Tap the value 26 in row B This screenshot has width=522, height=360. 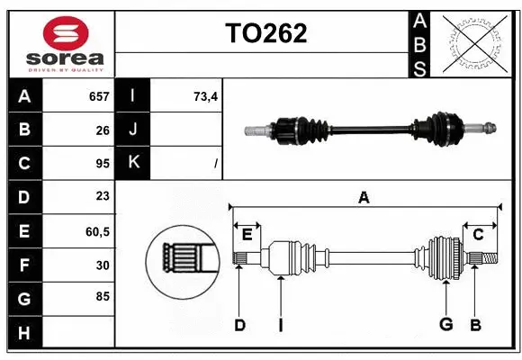click(x=102, y=130)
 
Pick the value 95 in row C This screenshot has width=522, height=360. click(x=102, y=164)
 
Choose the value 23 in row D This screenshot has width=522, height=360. click(x=102, y=197)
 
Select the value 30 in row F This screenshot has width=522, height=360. click(x=102, y=265)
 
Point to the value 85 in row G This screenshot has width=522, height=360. click(x=102, y=295)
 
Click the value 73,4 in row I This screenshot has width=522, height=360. click(x=206, y=96)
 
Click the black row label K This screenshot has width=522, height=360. click(x=133, y=163)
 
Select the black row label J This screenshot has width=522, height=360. click(x=133, y=130)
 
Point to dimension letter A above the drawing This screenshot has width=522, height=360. click(x=364, y=196)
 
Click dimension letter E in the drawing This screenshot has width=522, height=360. click(x=247, y=235)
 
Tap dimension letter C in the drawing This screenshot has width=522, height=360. click(x=478, y=235)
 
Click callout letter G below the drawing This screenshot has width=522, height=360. click(x=445, y=325)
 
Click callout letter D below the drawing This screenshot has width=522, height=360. click(x=240, y=325)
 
